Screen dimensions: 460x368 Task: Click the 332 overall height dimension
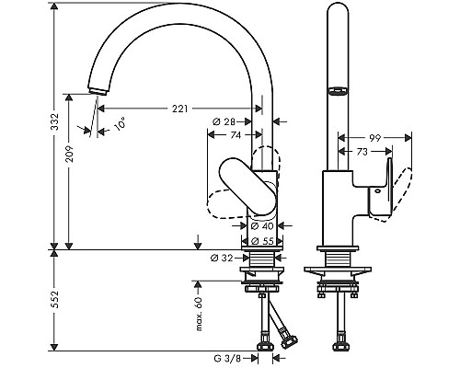(x=54, y=121)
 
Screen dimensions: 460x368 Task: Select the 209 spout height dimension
(x=69, y=153)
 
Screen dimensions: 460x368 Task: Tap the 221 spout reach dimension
(x=179, y=109)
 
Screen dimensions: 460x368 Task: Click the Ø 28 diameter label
(x=224, y=122)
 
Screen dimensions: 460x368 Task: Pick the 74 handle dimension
(x=236, y=135)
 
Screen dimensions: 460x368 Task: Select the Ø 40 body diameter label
(x=262, y=226)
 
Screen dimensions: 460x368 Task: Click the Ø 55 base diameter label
(x=262, y=241)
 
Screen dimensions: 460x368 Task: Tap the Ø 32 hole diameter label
(x=222, y=259)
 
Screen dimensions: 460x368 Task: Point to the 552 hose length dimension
(x=54, y=300)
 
